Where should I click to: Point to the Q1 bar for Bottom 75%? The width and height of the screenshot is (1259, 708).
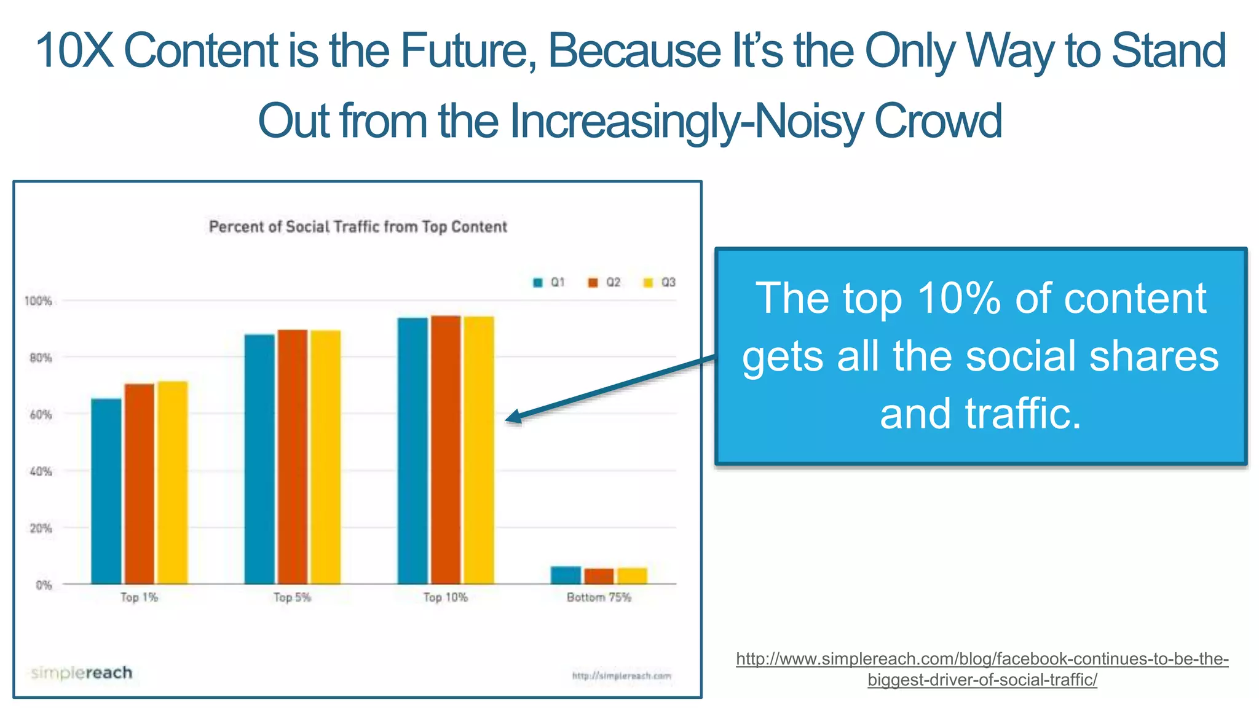point(566,575)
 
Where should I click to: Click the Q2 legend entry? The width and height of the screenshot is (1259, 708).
point(605,282)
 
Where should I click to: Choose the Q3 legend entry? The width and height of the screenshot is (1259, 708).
point(660,282)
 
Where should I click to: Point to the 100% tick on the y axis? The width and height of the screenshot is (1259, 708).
point(38,301)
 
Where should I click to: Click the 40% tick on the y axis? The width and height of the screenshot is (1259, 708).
point(41,471)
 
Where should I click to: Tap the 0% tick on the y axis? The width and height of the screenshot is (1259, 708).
point(43,585)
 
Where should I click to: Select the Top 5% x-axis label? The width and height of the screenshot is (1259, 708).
point(292,597)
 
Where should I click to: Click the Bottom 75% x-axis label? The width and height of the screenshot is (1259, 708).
point(599,597)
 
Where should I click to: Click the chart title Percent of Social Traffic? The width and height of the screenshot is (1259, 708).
point(358,227)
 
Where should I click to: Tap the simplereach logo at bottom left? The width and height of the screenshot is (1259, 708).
point(82,672)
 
